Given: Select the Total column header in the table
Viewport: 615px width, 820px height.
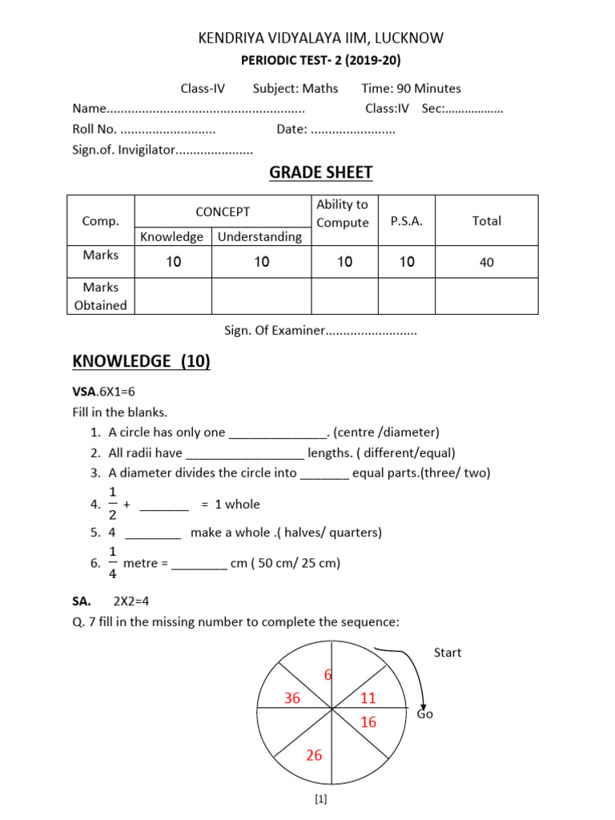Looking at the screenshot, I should (486, 221).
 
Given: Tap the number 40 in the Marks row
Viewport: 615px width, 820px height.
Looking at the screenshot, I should (486, 261).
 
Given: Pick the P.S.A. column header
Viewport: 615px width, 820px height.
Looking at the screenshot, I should (406, 221).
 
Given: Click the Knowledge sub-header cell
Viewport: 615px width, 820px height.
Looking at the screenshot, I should (172, 236).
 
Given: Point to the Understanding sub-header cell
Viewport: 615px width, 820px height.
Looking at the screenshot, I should (260, 236).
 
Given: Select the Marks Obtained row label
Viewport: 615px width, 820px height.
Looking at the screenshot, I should (101, 295).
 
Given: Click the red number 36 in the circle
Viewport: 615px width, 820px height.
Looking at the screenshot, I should (291, 698).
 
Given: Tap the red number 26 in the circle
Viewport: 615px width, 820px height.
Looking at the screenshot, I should (314, 755).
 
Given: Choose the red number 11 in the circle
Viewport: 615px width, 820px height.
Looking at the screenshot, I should (368, 698).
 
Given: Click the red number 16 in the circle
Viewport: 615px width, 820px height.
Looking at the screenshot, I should (368, 722).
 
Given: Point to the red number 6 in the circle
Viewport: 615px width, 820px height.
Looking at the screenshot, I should (328, 675).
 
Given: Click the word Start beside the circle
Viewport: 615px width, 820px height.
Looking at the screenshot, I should (448, 653).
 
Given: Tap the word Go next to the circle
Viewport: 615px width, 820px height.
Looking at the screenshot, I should (424, 713).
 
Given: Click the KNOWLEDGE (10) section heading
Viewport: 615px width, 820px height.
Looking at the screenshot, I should (141, 361).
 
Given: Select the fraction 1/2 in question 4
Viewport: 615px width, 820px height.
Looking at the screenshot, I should (113, 504).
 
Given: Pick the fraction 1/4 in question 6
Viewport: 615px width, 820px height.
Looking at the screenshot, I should (113, 563).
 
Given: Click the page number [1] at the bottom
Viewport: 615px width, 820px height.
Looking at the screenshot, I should (320, 798).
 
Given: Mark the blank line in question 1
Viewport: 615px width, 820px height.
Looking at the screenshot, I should (277, 433).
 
